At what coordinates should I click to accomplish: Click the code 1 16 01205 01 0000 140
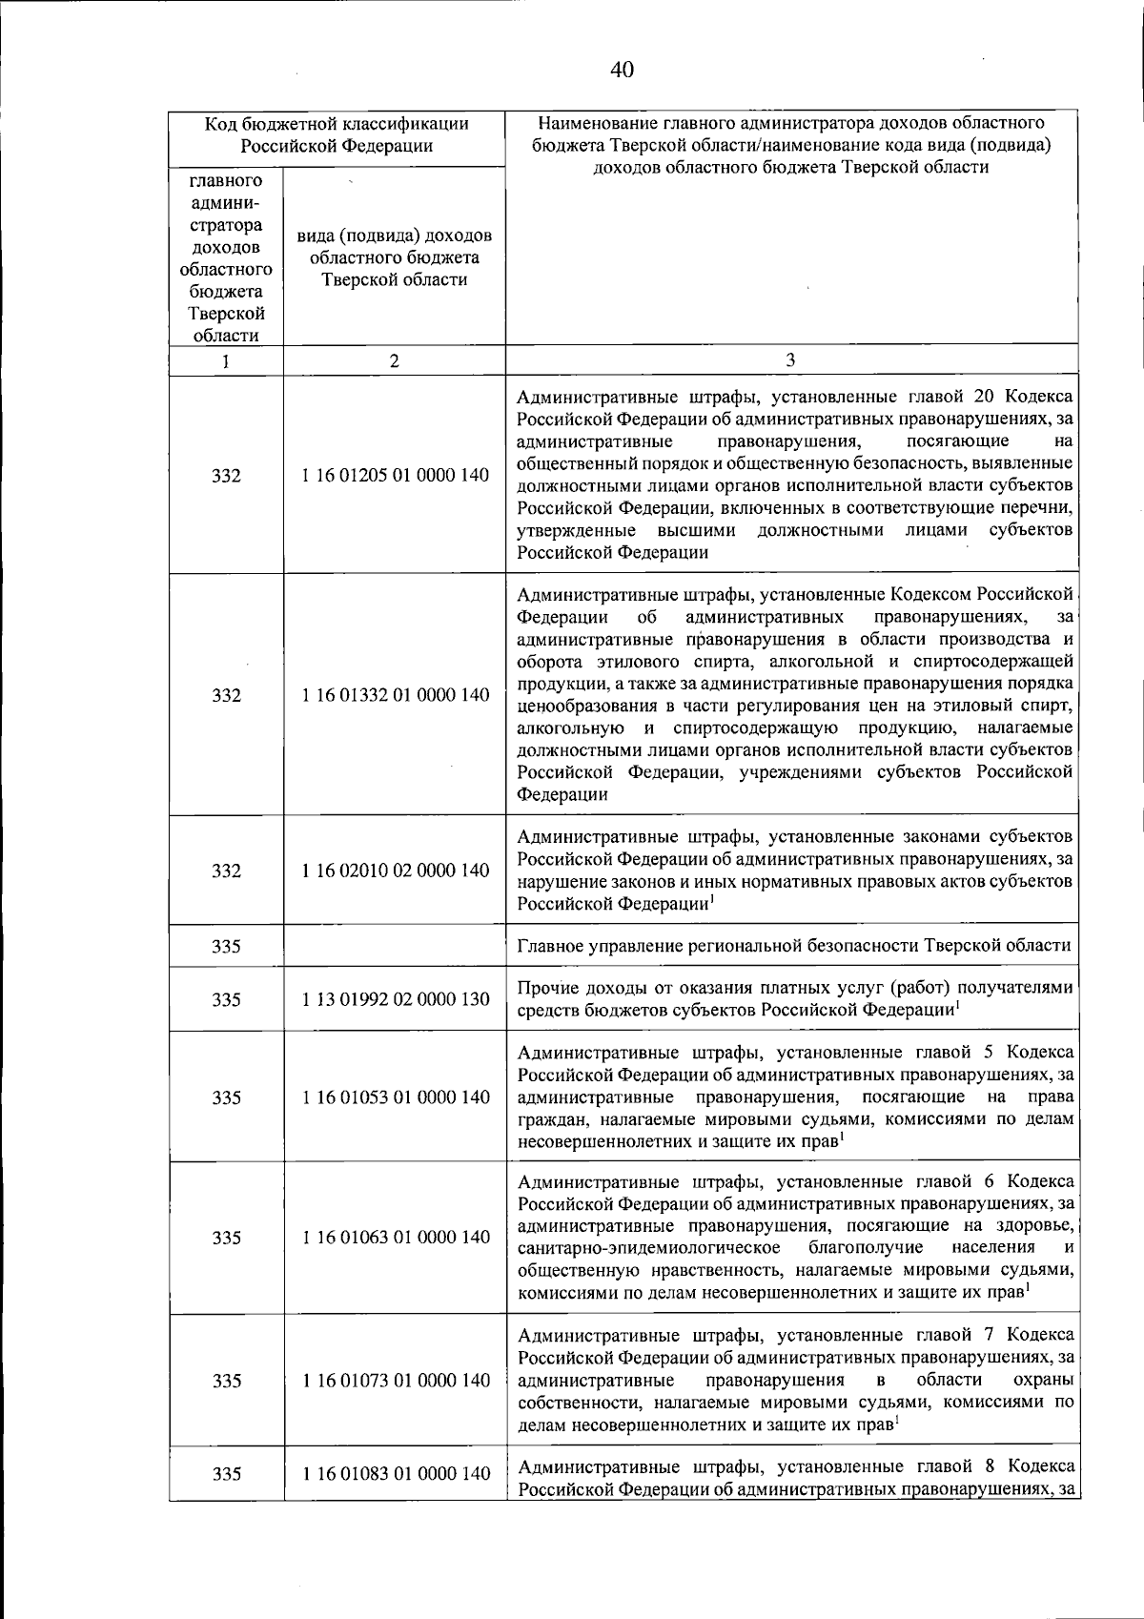(396, 476)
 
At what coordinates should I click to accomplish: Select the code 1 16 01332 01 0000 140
(396, 695)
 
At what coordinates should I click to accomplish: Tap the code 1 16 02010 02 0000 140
(396, 870)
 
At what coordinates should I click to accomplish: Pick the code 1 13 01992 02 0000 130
(396, 999)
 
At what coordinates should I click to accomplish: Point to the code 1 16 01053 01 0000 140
(396, 1097)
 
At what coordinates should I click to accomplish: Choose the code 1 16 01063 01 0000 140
(396, 1238)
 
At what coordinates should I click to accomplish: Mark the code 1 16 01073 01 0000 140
(396, 1380)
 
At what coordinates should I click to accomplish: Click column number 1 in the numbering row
(226, 361)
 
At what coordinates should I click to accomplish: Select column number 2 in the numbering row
(395, 361)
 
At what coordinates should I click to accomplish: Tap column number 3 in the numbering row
(790, 359)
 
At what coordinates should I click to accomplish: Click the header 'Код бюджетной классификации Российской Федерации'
(337, 134)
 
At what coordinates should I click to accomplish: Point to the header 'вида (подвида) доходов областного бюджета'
(395, 257)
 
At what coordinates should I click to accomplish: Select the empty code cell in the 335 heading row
(395, 946)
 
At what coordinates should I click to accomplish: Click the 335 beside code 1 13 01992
(226, 999)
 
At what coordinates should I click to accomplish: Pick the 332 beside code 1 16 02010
(226, 870)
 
